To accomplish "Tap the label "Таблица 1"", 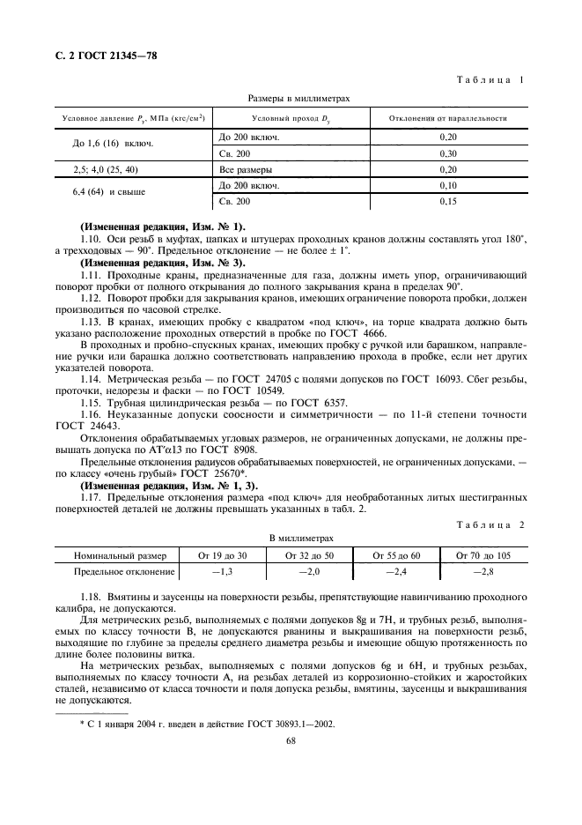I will [492, 80].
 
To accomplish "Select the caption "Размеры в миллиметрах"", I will [290, 99].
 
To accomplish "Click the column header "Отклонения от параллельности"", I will [447, 118].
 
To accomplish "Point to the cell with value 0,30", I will [447, 152].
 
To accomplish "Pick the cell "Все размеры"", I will [246, 169].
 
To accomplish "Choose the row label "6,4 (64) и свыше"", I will [109, 191].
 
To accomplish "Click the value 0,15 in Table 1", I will [447, 202].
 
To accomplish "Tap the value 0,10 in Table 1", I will [447, 185].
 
